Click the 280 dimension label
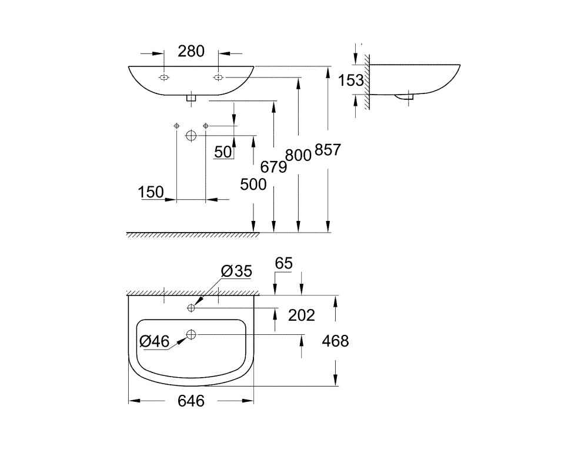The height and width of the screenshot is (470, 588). [191, 51]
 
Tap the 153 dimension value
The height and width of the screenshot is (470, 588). [351, 80]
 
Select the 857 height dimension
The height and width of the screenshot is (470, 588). [328, 150]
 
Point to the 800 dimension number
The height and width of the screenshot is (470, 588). [299, 155]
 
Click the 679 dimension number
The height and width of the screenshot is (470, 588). [274, 167]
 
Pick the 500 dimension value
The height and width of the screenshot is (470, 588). [253, 184]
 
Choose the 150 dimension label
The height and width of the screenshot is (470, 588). [151, 192]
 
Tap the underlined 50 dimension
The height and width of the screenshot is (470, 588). [223, 152]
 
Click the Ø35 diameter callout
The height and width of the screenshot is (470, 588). [236, 271]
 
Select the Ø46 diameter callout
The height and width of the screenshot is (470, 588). [155, 341]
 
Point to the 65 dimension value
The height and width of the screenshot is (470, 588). [283, 263]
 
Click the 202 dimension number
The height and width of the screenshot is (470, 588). [302, 315]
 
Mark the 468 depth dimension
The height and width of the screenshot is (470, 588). [336, 341]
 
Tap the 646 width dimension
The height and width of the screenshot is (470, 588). [191, 401]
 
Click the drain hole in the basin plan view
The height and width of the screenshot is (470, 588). [191, 334]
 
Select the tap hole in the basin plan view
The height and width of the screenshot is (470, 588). [191, 308]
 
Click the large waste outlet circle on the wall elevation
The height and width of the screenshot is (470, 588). [191, 135]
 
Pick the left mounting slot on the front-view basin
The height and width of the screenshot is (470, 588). [164, 78]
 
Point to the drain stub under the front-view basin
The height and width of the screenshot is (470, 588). [191, 99]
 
